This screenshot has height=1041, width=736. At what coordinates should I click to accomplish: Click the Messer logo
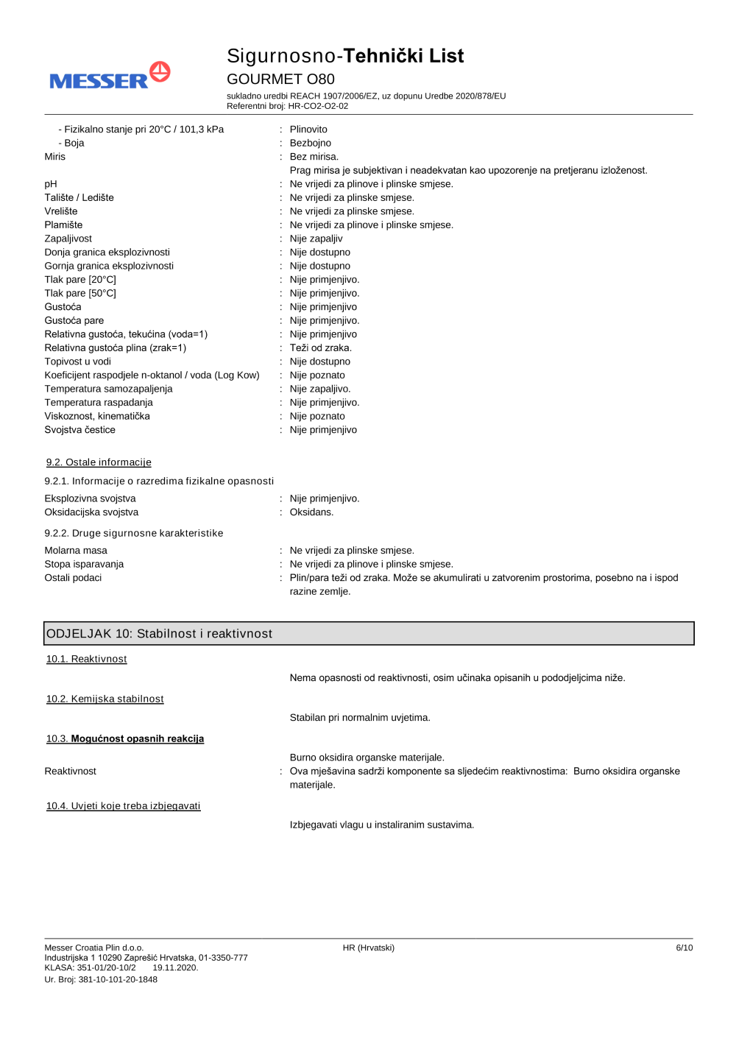[110, 77]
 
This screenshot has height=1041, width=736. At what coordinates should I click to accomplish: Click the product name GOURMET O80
[280, 79]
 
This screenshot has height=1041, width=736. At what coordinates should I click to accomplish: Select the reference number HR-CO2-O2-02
[318, 106]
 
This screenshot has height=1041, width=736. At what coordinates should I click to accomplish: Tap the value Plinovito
[308, 130]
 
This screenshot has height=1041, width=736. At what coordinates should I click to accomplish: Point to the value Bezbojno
[310, 143]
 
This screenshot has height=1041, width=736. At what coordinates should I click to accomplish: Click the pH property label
[51, 184]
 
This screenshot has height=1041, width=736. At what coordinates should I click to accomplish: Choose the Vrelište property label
[60, 211]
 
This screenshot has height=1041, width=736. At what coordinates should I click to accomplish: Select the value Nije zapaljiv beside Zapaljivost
[316, 239]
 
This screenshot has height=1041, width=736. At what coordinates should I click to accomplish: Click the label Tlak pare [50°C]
[80, 293]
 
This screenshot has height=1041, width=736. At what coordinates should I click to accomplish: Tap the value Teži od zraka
[320, 347]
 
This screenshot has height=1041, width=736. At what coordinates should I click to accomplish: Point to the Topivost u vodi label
[77, 361]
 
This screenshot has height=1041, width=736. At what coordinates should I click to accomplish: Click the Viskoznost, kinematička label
[97, 416]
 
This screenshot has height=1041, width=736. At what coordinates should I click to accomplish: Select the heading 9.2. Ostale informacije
[99, 462]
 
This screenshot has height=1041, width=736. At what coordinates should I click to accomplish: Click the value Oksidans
[311, 512]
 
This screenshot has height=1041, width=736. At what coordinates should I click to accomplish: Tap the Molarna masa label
[76, 551]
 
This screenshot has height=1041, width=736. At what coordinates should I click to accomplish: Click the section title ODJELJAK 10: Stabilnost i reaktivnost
[159, 634]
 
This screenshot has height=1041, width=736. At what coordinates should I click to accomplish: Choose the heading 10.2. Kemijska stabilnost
[105, 699]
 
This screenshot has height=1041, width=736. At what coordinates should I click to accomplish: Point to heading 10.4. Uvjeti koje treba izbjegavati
[123, 806]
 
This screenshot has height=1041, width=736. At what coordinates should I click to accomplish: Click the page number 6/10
[684, 948]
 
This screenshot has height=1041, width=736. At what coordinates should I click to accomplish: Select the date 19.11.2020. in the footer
[175, 968]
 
